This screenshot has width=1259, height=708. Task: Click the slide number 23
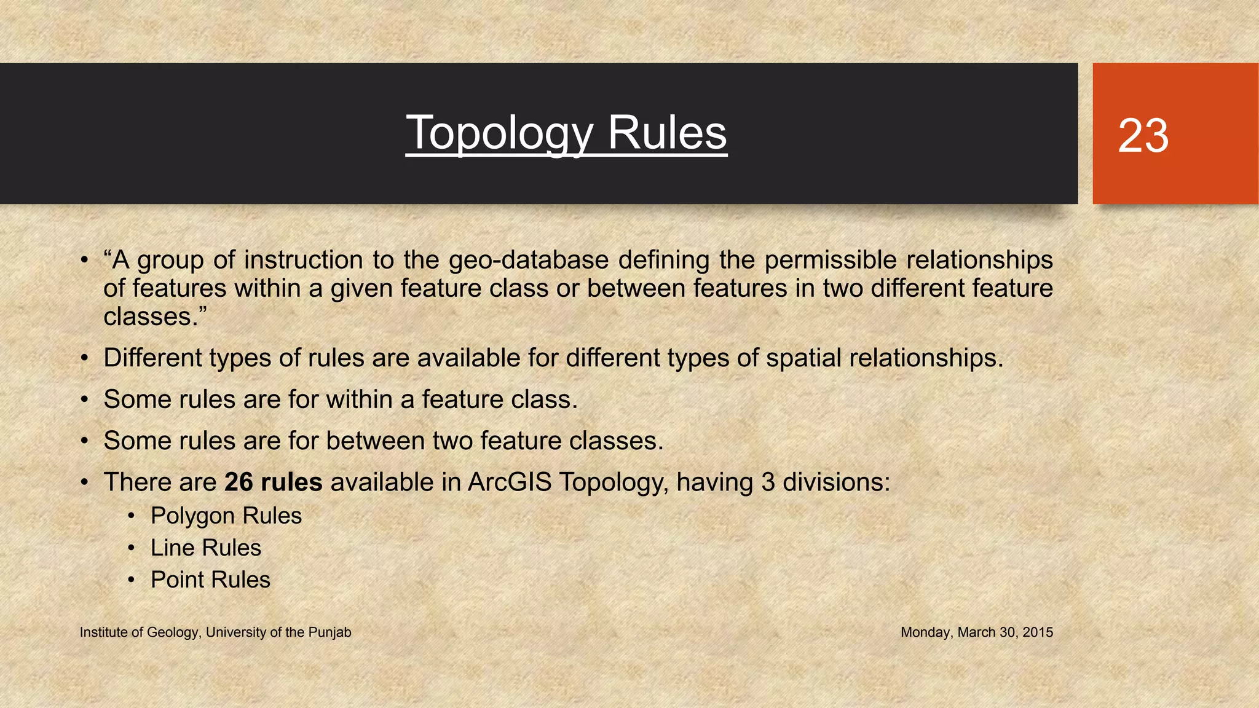1143,136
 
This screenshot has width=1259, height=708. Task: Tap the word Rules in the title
667,133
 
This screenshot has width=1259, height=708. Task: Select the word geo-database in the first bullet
529,260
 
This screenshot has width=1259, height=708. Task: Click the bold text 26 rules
273,482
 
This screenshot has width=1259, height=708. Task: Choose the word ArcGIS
509,482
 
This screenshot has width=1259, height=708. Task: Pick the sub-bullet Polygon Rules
226,516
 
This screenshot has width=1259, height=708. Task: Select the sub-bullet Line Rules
205,548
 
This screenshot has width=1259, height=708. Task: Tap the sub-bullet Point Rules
210,580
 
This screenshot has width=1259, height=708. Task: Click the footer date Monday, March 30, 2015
976,632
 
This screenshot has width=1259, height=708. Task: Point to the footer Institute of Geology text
215,632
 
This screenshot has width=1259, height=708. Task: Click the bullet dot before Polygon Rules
131,516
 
